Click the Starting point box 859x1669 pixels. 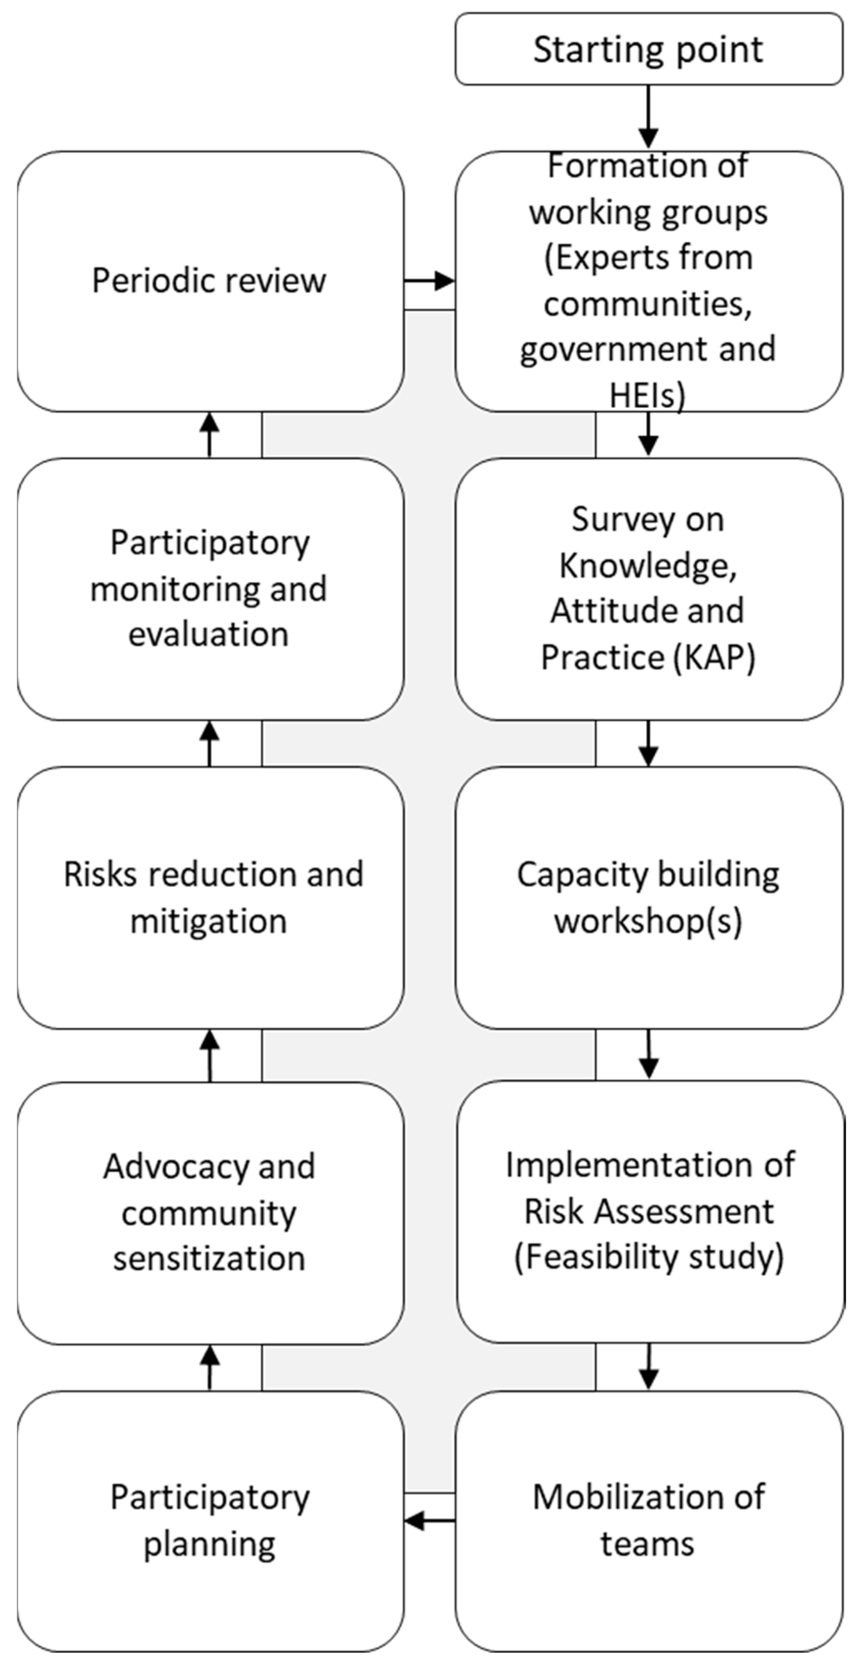(648, 49)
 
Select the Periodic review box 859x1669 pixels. (210, 281)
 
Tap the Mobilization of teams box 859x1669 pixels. (648, 1520)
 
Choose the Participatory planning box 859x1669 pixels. (210, 1520)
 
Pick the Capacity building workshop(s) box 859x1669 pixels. (648, 897)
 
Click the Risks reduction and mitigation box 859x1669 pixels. (210, 897)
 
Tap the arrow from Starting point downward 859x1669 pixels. (648, 117)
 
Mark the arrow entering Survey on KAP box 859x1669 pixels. (648, 435)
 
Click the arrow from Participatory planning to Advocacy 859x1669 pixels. (209, 1367)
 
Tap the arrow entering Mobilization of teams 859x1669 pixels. (648, 1367)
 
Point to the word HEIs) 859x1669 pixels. (647, 395)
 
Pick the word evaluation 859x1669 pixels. (209, 634)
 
